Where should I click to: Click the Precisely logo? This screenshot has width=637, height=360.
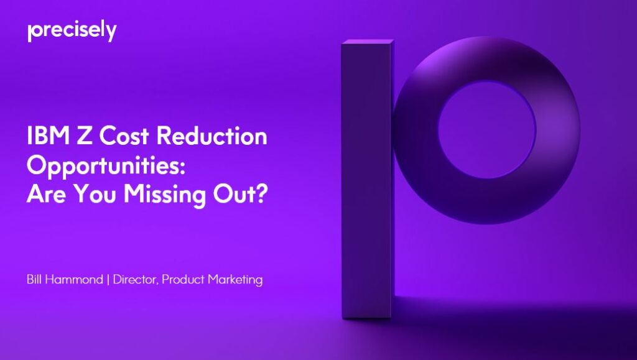point(72,31)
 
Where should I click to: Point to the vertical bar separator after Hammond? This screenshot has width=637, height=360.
point(108,280)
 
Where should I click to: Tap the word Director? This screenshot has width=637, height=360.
point(135,280)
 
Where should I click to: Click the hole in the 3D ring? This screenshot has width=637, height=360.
point(486,122)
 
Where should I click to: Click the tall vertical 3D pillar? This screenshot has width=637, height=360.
point(367,187)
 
